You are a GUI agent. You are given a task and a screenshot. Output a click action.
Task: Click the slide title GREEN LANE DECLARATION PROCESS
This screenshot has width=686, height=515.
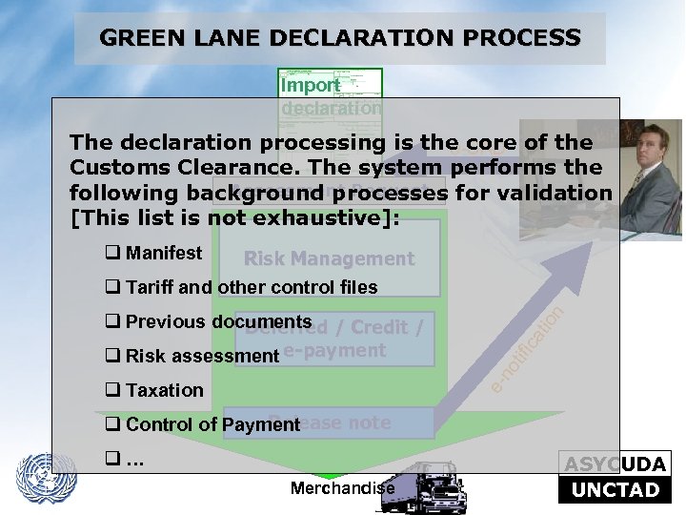pos(340,38)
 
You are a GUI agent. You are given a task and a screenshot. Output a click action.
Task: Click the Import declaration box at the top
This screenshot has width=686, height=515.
pos(331,93)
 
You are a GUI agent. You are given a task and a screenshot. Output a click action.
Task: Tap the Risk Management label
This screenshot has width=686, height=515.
pos(329,258)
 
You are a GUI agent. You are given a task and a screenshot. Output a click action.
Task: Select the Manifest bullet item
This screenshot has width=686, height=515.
pos(163,253)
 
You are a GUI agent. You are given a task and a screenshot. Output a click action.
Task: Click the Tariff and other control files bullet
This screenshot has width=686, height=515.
pos(251,287)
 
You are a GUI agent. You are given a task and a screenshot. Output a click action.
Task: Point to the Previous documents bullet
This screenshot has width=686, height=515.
pos(218,321)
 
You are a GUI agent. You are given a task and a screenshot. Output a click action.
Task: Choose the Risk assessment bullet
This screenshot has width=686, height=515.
pos(201,356)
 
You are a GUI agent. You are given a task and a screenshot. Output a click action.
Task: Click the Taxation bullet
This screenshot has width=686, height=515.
pos(164,390)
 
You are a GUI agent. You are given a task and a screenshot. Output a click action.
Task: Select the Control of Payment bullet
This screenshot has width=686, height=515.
pos(212,424)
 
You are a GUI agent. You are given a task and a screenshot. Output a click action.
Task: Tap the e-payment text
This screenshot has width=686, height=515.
pos(334,350)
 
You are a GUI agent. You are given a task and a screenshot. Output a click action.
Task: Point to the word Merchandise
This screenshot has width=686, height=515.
pos(342,488)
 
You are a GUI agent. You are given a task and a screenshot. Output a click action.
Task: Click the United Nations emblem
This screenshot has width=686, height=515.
pos(47,478)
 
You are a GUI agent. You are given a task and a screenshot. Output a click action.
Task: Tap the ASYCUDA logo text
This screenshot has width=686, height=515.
pos(615,464)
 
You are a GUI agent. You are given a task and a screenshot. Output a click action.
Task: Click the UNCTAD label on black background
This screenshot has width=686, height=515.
pos(615,490)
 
